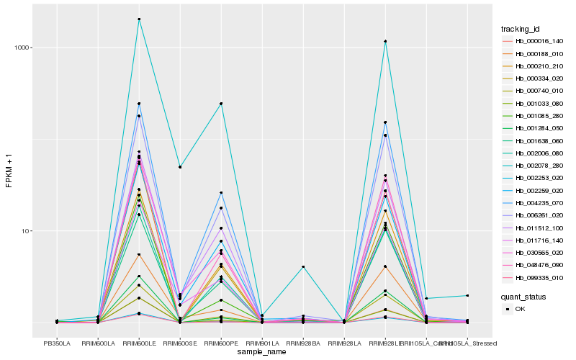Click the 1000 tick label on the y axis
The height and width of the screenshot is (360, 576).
pos(22,48)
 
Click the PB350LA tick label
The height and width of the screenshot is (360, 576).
pos(57,343)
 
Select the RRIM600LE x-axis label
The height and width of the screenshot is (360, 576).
pos(139,343)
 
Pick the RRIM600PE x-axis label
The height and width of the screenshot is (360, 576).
pos(221,343)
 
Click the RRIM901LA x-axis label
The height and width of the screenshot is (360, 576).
pos(262,343)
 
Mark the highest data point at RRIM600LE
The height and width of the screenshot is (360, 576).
pos(139,19)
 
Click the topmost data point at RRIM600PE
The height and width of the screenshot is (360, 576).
pos(221,104)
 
